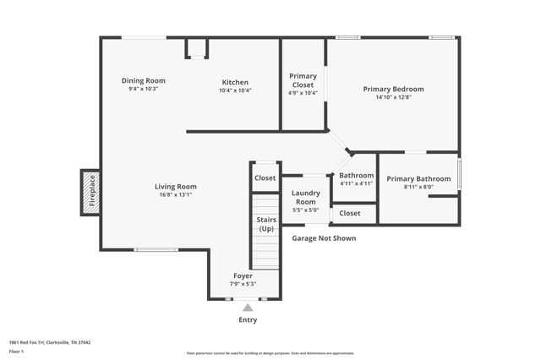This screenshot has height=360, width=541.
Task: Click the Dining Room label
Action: coord(143,81)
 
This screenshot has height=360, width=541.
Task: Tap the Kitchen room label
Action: coord(235,82)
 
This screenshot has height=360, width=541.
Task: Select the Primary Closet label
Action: coord(303,79)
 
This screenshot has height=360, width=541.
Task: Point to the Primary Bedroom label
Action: coord(393,89)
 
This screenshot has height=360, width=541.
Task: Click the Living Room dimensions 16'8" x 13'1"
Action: coord(175,195)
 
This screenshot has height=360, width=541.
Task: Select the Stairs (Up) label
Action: coord(266,224)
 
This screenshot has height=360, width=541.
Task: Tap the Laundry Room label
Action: coord(305,198)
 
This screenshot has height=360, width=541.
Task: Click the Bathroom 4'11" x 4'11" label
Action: coord(356,176)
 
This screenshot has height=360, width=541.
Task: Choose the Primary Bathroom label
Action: coord(418,178)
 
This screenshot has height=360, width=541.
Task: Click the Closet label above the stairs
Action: coord(265,178)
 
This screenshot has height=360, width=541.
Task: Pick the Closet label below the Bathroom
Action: coord(350,214)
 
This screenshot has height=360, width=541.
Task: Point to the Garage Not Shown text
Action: coord(324,238)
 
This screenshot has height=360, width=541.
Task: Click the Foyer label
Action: coord(243,276)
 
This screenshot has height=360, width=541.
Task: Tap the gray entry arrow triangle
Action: coord(248,308)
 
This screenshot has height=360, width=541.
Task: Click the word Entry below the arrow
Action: coord(248,320)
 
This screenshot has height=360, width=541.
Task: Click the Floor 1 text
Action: coord(15,349)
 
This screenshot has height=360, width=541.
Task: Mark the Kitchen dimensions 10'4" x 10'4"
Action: coord(235,90)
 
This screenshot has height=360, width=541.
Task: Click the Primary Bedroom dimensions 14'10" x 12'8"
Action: coord(393,97)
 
